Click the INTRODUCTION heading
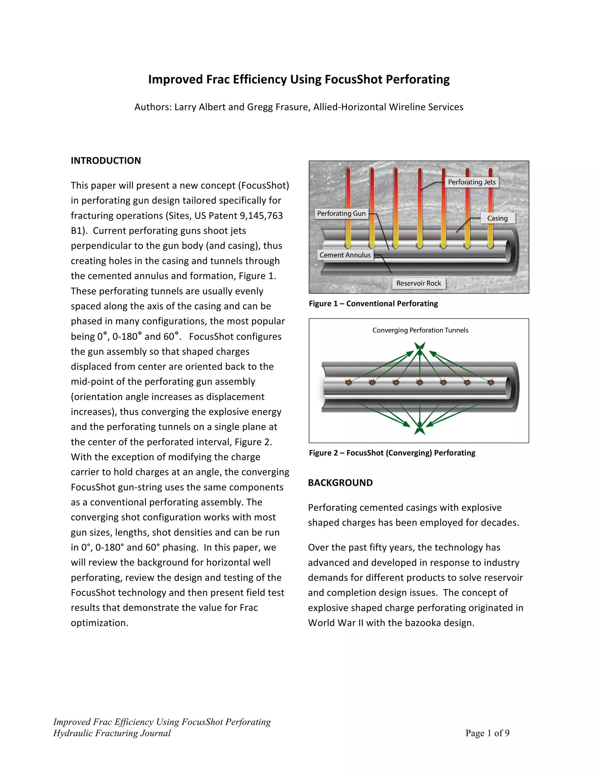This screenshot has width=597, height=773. (106, 161)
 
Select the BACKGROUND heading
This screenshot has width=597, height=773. (340, 483)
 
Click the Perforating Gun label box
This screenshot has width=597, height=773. (341, 214)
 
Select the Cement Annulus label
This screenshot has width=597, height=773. (345, 255)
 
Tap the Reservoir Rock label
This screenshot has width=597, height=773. (419, 283)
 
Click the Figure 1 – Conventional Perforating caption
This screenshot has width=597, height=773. (373, 304)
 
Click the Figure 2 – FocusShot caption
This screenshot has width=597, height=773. (392, 453)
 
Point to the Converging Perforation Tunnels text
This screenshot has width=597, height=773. (420, 330)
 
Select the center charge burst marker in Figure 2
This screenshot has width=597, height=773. (420, 382)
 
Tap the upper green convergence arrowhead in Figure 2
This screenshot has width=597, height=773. (420, 346)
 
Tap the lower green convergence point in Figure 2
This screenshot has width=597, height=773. (420, 430)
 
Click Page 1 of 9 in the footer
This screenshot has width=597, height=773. (487, 733)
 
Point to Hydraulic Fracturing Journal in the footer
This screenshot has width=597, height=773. (112, 733)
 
